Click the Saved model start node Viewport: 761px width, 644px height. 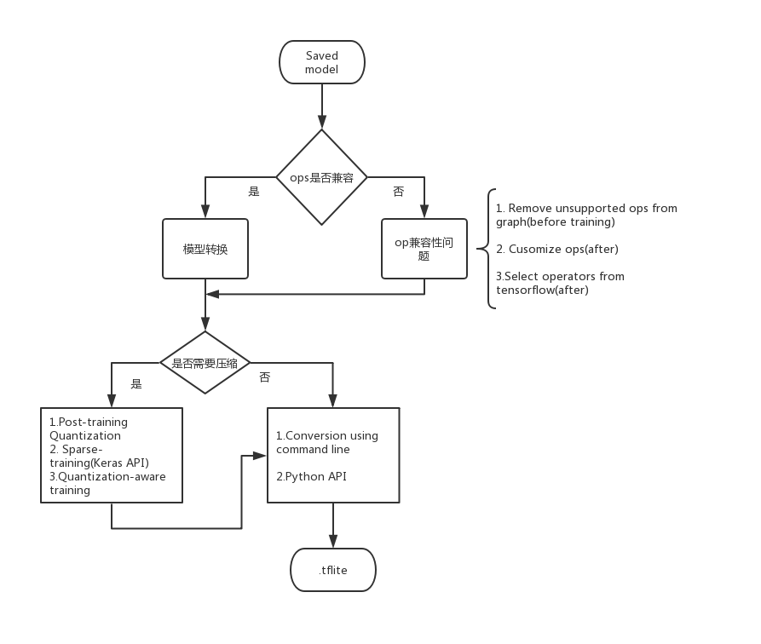click(322, 62)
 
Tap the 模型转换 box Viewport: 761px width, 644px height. click(205, 249)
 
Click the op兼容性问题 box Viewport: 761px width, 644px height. click(424, 249)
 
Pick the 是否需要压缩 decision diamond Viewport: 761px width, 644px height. click(205, 362)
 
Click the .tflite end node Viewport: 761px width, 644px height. click(333, 570)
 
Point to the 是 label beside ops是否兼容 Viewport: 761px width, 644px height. click(253, 193)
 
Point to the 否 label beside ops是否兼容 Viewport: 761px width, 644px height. click(398, 193)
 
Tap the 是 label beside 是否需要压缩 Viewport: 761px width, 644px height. click(136, 384)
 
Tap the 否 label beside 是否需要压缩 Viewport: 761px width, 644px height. click(264, 377)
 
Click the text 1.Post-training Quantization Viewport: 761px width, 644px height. click(88, 428)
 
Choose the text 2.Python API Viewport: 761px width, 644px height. click(311, 476)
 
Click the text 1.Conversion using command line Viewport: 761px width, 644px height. click(326, 442)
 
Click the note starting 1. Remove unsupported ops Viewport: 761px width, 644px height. click(586, 215)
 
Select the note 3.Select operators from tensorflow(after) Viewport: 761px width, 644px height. click(560, 283)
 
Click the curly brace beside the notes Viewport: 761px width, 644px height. click(492, 249)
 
